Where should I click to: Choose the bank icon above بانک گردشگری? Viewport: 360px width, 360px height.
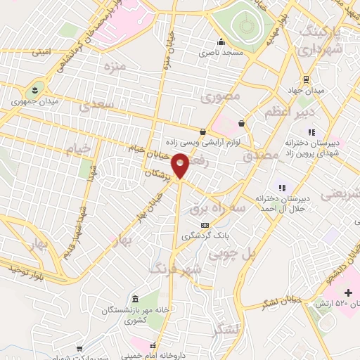205,224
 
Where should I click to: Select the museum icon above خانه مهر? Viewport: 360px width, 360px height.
136,297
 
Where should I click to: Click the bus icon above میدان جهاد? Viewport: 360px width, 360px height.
305,79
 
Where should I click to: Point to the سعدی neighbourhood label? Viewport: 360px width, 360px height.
95,106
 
